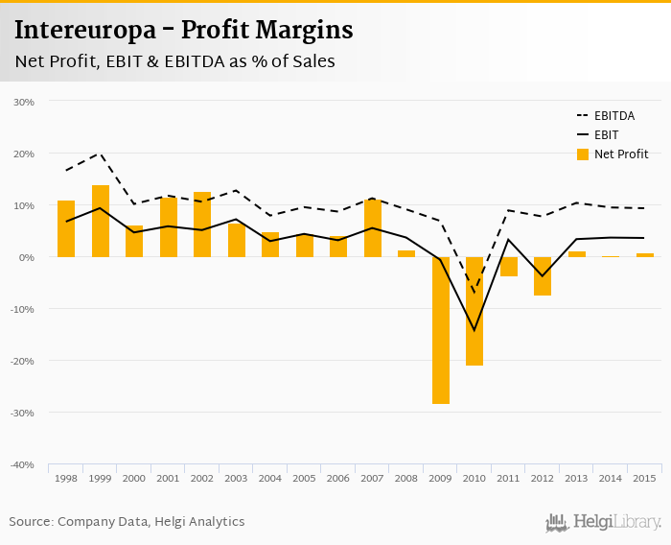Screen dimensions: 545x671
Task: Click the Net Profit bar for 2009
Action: pyautogui.click(x=441, y=330)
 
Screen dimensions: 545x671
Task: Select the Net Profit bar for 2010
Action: pyautogui.click(x=474, y=311)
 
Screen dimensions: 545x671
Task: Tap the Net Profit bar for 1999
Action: pyautogui.click(x=101, y=221)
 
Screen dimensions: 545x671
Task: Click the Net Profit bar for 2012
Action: pyautogui.click(x=543, y=276)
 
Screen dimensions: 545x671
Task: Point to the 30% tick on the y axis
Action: pyautogui.click(x=24, y=102)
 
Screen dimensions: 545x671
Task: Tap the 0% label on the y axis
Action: pyautogui.click(x=27, y=257)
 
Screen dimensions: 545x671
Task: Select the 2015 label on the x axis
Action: pyautogui.click(x=645, y=477)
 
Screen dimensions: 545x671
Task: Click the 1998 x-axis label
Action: pyautogui.click(x=66, y=477)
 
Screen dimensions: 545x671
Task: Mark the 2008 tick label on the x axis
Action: pyautogui.click(x=406, y=477)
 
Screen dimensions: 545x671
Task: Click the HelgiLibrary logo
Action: pyautogui.click(x=604, y=522)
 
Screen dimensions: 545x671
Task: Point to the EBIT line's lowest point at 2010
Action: pyautogui.click(x=474, y=331)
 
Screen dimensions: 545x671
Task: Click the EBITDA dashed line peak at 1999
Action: pyautogui.click(x=101, y=154)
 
